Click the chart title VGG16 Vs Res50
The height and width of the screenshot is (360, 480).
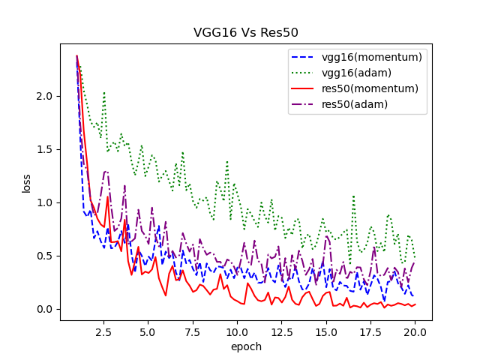pyautogui.click(x=246, y=33)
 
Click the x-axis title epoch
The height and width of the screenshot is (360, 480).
pyautogui.click(x=246, y=346)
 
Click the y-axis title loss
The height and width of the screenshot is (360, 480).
pyautogui.click(x=26, y=184)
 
